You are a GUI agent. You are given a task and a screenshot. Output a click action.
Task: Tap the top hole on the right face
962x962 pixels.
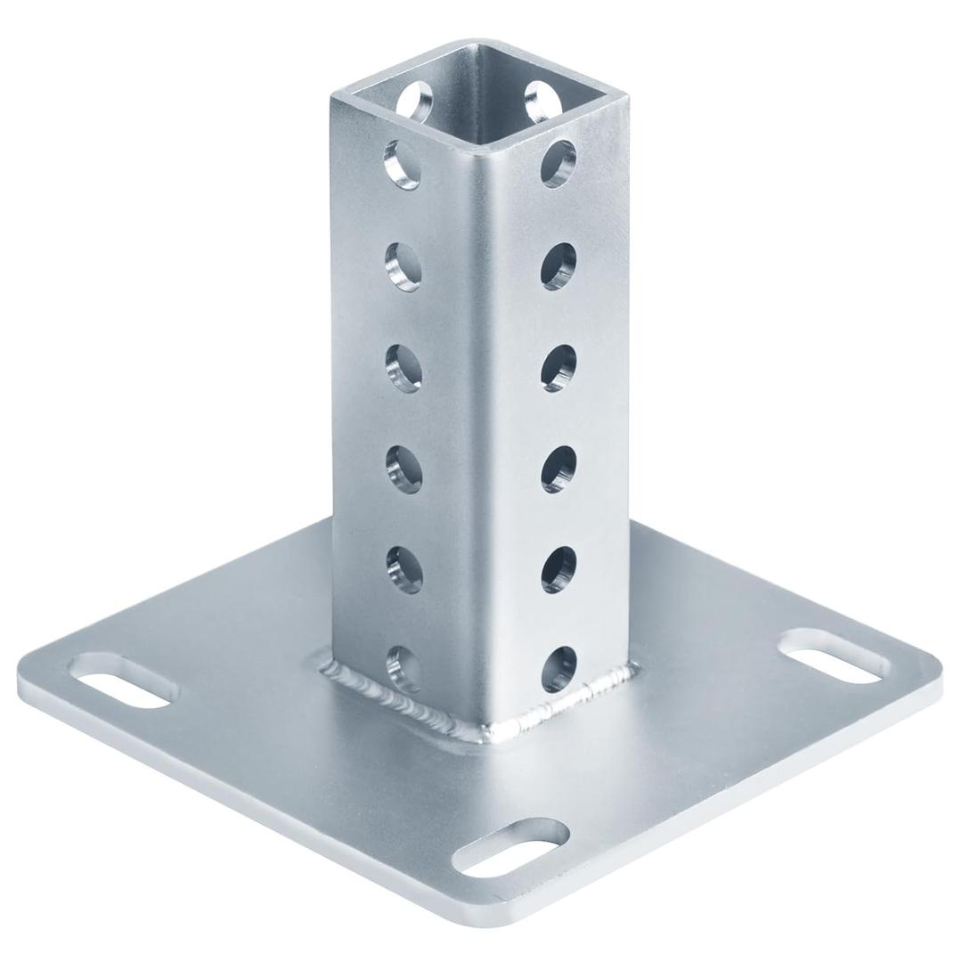pyautogui.click(x=558, y=163)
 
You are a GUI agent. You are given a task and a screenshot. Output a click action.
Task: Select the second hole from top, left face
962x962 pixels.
pyautogui.click(x=404, y=265)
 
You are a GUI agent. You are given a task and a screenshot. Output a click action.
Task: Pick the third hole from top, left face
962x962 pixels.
pyautogui.click(x=404, y=365)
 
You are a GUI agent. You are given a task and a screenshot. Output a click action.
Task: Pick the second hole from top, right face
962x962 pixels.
pyautogui.click(x=558, y=265)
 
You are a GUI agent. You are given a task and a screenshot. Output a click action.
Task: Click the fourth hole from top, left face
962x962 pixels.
pyautogui.click(x=404, y=466)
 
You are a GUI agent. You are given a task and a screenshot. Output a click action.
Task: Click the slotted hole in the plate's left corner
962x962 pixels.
pyautogui.click(x=123, y=681)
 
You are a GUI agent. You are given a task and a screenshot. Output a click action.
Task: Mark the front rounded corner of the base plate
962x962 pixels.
pyautogui.click(x=534, y=917)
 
